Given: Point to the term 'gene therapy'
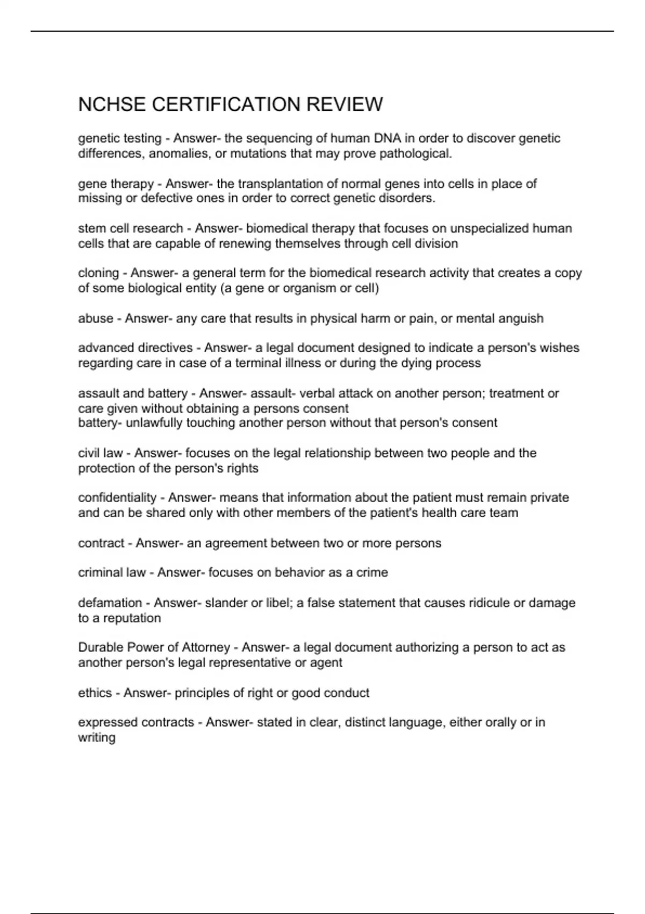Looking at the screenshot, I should [x=116, y=184].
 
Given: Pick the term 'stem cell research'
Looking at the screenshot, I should [x=130, y=228].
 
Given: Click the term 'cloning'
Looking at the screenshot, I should [x=98, y=273].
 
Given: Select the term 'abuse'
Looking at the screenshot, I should [x=96, y=318].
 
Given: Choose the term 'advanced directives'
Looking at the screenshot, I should [x=135, y=348].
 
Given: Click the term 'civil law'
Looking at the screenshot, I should [x=101, y=453].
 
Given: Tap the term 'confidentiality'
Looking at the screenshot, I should [x=117, y=498].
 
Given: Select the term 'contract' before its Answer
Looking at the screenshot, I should [x=101, y=543].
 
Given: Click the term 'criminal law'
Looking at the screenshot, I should [x=112, y=573].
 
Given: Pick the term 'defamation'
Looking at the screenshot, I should [x=110, y=603].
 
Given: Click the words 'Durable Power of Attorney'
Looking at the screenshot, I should [x=154, y=647].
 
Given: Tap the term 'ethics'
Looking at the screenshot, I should [x=95, y=693].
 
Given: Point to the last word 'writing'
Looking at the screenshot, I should [x=97, y=738].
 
